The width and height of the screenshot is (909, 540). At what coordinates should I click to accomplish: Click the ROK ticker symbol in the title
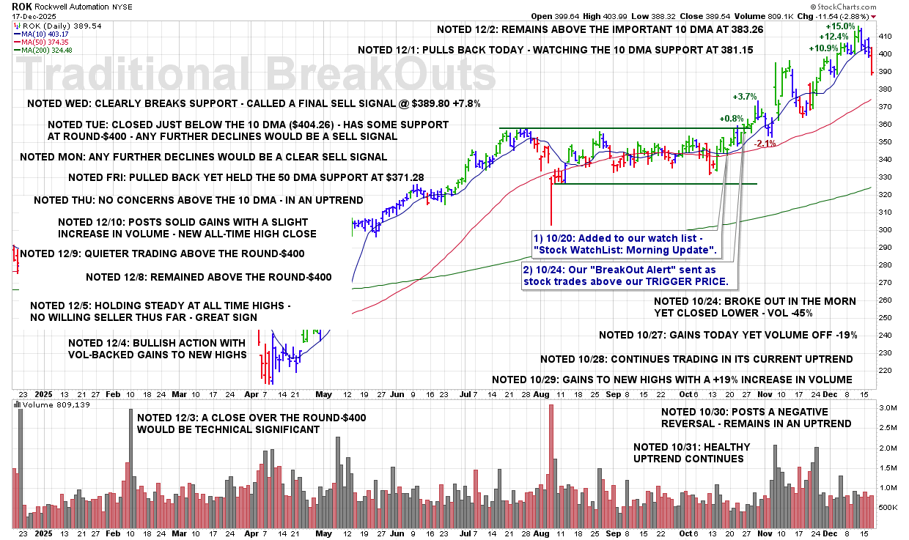pyautogui.click(x=21, y=6)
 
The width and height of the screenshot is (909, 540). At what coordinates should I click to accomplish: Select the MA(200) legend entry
pyautogui.click(x=48, y=50)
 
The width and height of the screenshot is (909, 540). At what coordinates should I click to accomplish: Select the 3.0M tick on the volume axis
pyautogui.click(x=886, y=408)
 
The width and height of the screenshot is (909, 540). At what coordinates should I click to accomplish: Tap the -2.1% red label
pyautogui.click(x=765, y=144)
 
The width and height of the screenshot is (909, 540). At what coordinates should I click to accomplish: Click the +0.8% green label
pyautogui.click(x=731, y=119)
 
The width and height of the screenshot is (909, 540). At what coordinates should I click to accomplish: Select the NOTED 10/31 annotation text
pyautogui.click(x=688, y=453)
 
